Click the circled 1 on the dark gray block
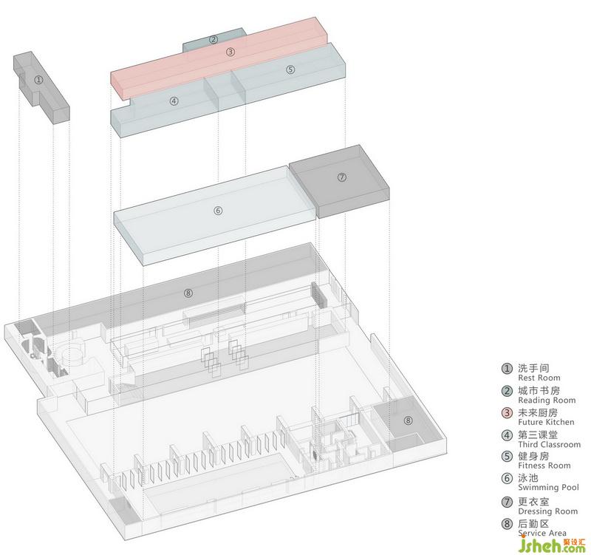(38, 79)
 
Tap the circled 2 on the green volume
(213, 39)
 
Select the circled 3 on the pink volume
(230, 52)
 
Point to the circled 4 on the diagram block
(174, 101)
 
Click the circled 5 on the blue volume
(290, 69)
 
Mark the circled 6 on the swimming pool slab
(218, 210)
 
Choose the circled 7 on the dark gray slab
(341, 177)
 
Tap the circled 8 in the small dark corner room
(408, 420)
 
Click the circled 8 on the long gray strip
(188, 293)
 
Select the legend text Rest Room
(539, 378)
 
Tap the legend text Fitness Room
(544, 466)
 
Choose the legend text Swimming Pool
(548, 488)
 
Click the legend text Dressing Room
(547, 511)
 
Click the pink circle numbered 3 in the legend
(507, 413)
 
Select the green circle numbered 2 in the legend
(507, 391)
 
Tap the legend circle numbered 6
(507, 479)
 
